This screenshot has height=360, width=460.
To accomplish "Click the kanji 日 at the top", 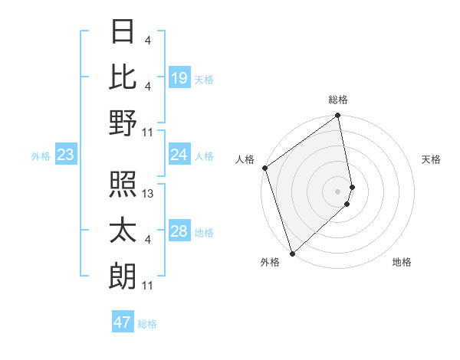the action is pyautogui.click(x=123, y=32).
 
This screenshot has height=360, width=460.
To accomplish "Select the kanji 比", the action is pyautogui.click(x=123, y=77).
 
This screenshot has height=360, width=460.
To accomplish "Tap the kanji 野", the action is pyautogui.click(x=123, y=123).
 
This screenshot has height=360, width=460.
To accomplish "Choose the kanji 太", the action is pyautogui.click(x=123, y=231).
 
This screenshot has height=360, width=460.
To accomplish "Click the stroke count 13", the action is pyautogui.click(x=149, y=194).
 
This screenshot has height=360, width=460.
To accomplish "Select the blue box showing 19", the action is pyautogui.click(x=179, y=78).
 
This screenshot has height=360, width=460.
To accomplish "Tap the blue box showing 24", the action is pyautogui.click(x=179, y=155).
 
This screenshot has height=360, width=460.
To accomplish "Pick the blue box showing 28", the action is pyautogui.click(x=179, y=231).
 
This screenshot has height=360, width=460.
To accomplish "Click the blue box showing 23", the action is pyautogui.click(x=66, y=155).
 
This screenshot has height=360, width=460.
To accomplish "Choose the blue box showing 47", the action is pyautogui.click(x=123, y=322).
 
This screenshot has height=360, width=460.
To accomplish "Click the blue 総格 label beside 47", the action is pyautogui.click(x=147, y=324).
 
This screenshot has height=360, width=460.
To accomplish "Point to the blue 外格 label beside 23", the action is pyautogui.click(x=41, y=156).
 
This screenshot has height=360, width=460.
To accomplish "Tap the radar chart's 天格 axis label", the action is pyautogui.click(x=431, y=159).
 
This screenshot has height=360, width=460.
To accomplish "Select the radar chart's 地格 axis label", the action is pyautogui.click(x=402, y=262).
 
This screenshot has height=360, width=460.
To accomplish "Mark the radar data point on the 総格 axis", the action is pyautogui.click(x=337, y=116).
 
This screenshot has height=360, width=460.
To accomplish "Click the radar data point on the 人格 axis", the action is pyautogui.click(x=264, y=169).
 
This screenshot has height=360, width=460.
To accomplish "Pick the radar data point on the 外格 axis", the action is pyautogui.click(x=292, y=253).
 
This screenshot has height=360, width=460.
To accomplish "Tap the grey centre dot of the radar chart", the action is pyautogui.click(x=337, y=191).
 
